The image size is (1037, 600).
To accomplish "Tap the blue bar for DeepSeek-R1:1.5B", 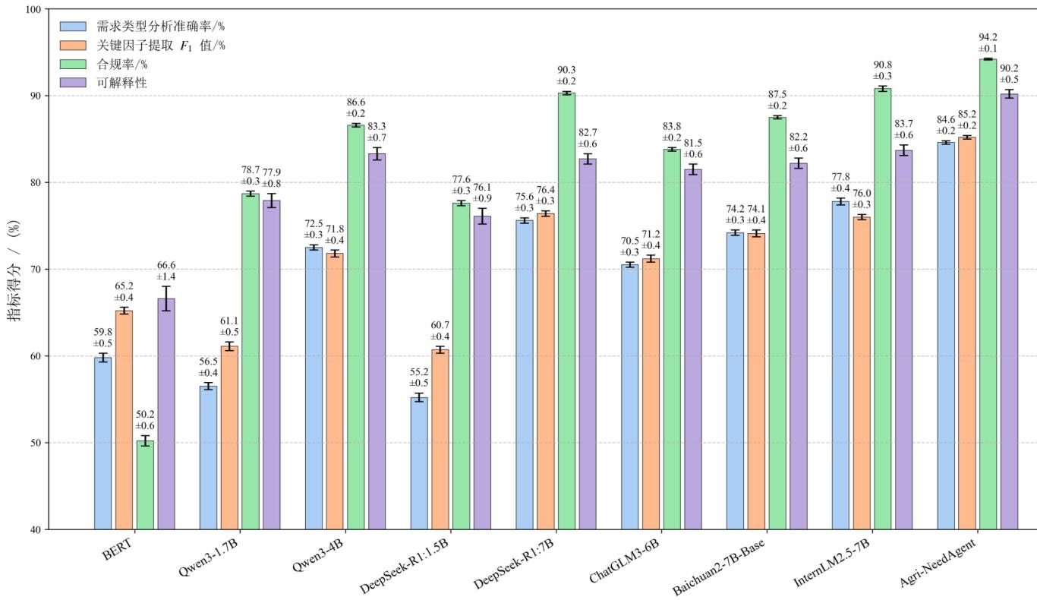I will coord(419,463).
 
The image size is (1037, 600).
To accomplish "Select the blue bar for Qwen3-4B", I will coord(314,387).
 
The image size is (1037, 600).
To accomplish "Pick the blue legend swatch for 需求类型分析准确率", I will coord(74,26).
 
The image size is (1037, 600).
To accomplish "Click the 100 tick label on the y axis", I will coord(33,9).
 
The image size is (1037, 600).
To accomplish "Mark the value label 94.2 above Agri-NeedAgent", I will coord(988,36).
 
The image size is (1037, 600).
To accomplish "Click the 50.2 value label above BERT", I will coord(144,414).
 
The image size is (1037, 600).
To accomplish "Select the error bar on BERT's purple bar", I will coord(165,298).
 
